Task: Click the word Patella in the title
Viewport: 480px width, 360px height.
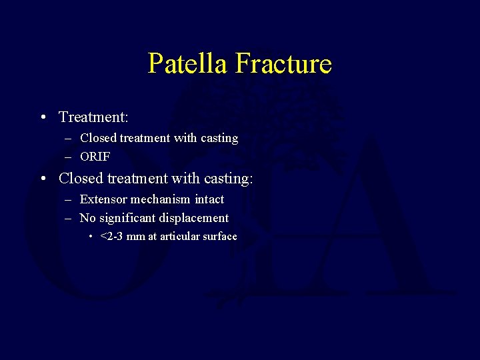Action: (x=189, y=64)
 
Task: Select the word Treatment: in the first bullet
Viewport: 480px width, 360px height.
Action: (x=93, y=117)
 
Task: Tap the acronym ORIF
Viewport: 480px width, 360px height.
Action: (x=95, y=157)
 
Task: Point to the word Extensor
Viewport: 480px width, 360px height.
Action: (x=103, y=199)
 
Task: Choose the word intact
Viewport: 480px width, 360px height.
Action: (x=209, y=199)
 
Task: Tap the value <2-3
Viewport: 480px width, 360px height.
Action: (x=111, y=237)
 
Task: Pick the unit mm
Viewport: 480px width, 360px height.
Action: (x=135, y=237)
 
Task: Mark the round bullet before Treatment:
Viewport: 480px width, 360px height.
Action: (x=43, y=118)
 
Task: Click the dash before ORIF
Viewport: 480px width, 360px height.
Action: (x=69, y=157)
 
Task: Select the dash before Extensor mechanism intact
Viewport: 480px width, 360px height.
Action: (x=69, y=199)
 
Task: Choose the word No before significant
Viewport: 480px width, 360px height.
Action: (x=87, y=218)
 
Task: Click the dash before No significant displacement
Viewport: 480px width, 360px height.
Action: (x=69, y=218)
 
